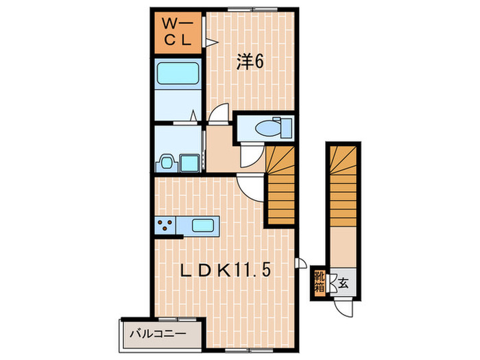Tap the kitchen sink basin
(204, 225)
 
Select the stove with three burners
(165, 224)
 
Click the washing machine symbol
(166, 163)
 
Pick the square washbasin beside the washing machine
(188, 163)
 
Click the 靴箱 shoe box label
(320, 281)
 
